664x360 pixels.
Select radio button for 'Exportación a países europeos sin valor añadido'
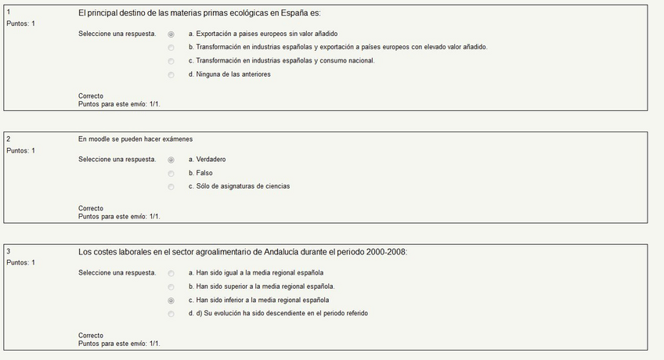click(x=171, y=34)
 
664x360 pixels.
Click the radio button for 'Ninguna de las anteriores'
click(x=171, y=75)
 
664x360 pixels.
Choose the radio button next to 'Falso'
click(x=171, y=173)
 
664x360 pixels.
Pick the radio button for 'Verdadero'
click(x=171, y=160)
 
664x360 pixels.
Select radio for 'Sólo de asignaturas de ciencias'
click(x=171, y=187)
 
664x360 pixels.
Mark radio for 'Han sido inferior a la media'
click(x=171, y=301)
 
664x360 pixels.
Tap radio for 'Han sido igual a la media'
click(x=171, y=273)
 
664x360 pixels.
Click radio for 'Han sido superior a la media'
click(x=171, y=286)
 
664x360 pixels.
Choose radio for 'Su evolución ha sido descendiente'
click(x=171, y=314)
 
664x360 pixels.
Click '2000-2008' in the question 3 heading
click(x=387, y=252)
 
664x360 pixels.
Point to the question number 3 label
click(x=8, y=251)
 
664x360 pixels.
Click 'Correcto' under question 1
click(x=91, y=96)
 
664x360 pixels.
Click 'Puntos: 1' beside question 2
click(x=20, y=150)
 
